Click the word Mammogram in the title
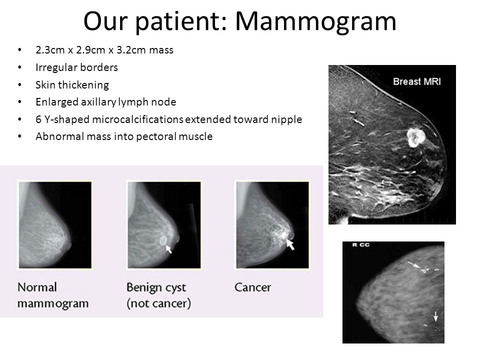click(x=315, y=21)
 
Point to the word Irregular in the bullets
click(x=54, y=67)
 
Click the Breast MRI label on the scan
click(x=416, y=81)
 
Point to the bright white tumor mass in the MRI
click(x=415, y=137)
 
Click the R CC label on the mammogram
click(x=361, y=245)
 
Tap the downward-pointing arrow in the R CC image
click(x=435, y=316)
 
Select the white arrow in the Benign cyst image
click(x=168, y=249)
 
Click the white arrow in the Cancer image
click(x=289, y=244)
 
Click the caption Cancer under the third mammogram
click(x=253, y=287)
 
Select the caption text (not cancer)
click(x=159, y=303)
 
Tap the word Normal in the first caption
click(x=37, y=287)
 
